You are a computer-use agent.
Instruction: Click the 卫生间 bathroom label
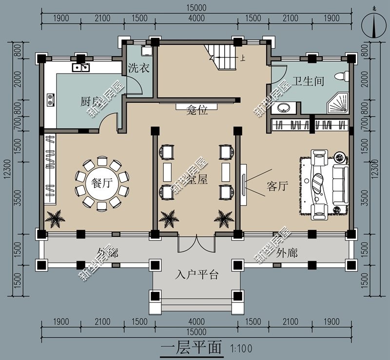308,81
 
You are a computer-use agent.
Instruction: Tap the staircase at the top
222,57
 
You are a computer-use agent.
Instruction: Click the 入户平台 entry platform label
196,275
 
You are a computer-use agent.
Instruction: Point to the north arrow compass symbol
374,25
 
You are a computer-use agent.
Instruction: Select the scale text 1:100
239,349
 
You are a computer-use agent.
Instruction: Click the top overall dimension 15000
196,7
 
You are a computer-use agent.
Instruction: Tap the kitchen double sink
81,67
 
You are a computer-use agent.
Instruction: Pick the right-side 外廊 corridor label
287,253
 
